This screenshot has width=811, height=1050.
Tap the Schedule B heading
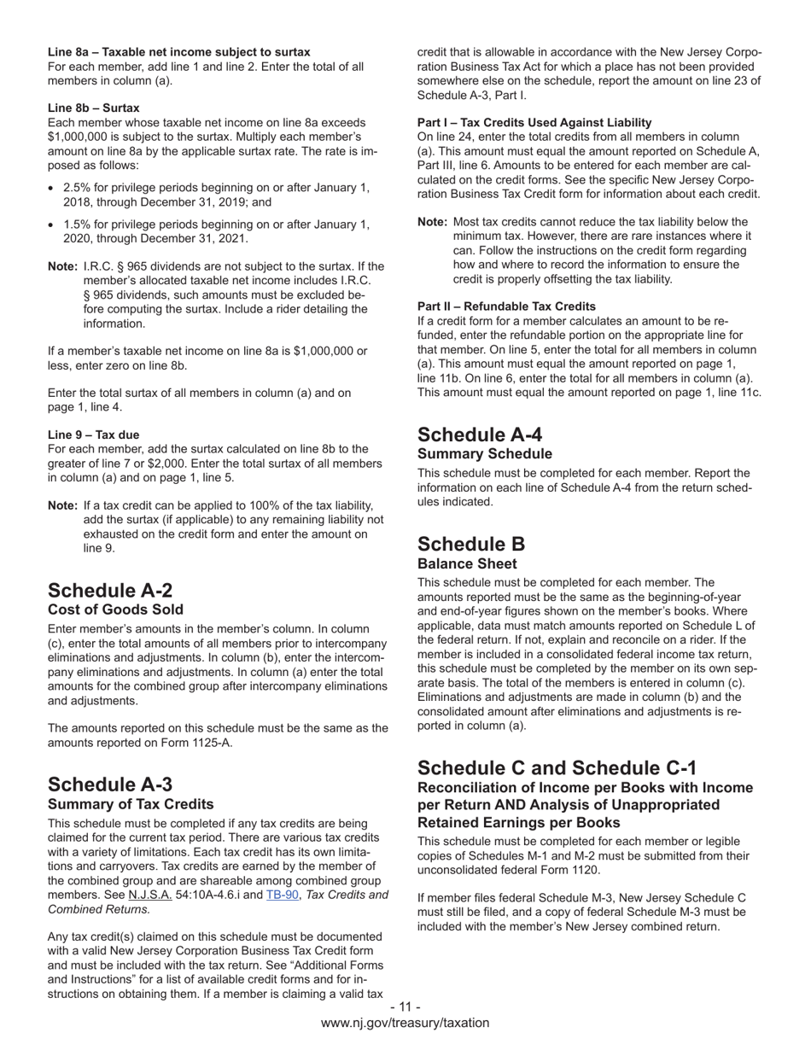click(x=471, y=544)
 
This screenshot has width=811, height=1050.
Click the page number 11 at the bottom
click(x=405, y=1007)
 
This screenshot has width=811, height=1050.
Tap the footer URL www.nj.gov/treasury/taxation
click(x=405, y=1023)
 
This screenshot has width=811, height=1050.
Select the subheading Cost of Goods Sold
click(x=115, y=610)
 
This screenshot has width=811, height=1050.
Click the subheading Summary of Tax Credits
click(x=131, y=804)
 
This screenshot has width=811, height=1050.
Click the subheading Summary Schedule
click(x=484, y=453)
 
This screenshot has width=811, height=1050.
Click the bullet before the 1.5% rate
click(x=53, y=225)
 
